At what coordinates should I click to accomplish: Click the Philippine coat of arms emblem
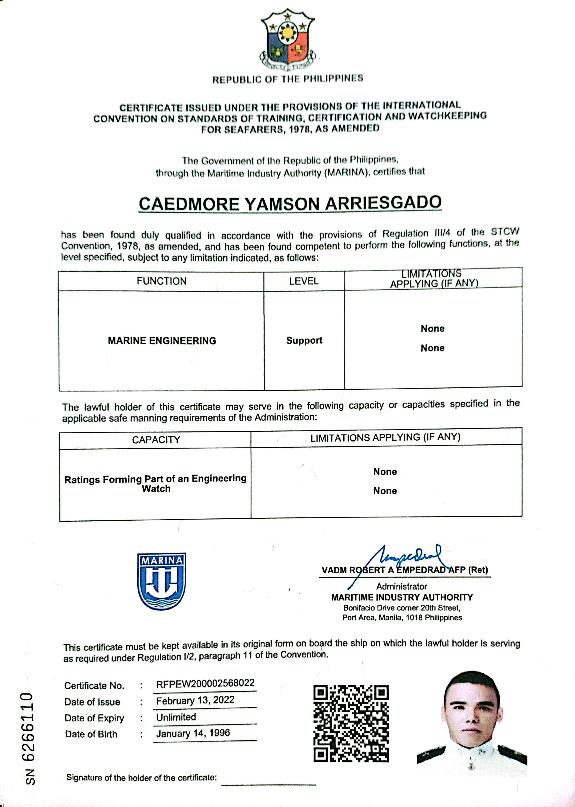[287, 40]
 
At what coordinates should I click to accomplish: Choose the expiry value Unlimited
[176, 717]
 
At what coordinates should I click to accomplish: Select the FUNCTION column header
[161, 281]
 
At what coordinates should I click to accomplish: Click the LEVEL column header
[304, 281]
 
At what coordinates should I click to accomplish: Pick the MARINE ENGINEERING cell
[162, 341]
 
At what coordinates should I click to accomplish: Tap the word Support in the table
[304, 341]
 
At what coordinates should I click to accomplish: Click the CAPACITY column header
[156, 440]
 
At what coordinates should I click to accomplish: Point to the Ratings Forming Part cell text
[155, 483]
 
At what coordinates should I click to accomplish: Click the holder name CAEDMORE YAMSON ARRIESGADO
[290, 204]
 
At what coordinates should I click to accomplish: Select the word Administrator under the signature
[401, 587]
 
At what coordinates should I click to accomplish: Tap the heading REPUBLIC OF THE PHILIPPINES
[287, 79]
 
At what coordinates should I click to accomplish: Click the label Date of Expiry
[94, 718]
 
